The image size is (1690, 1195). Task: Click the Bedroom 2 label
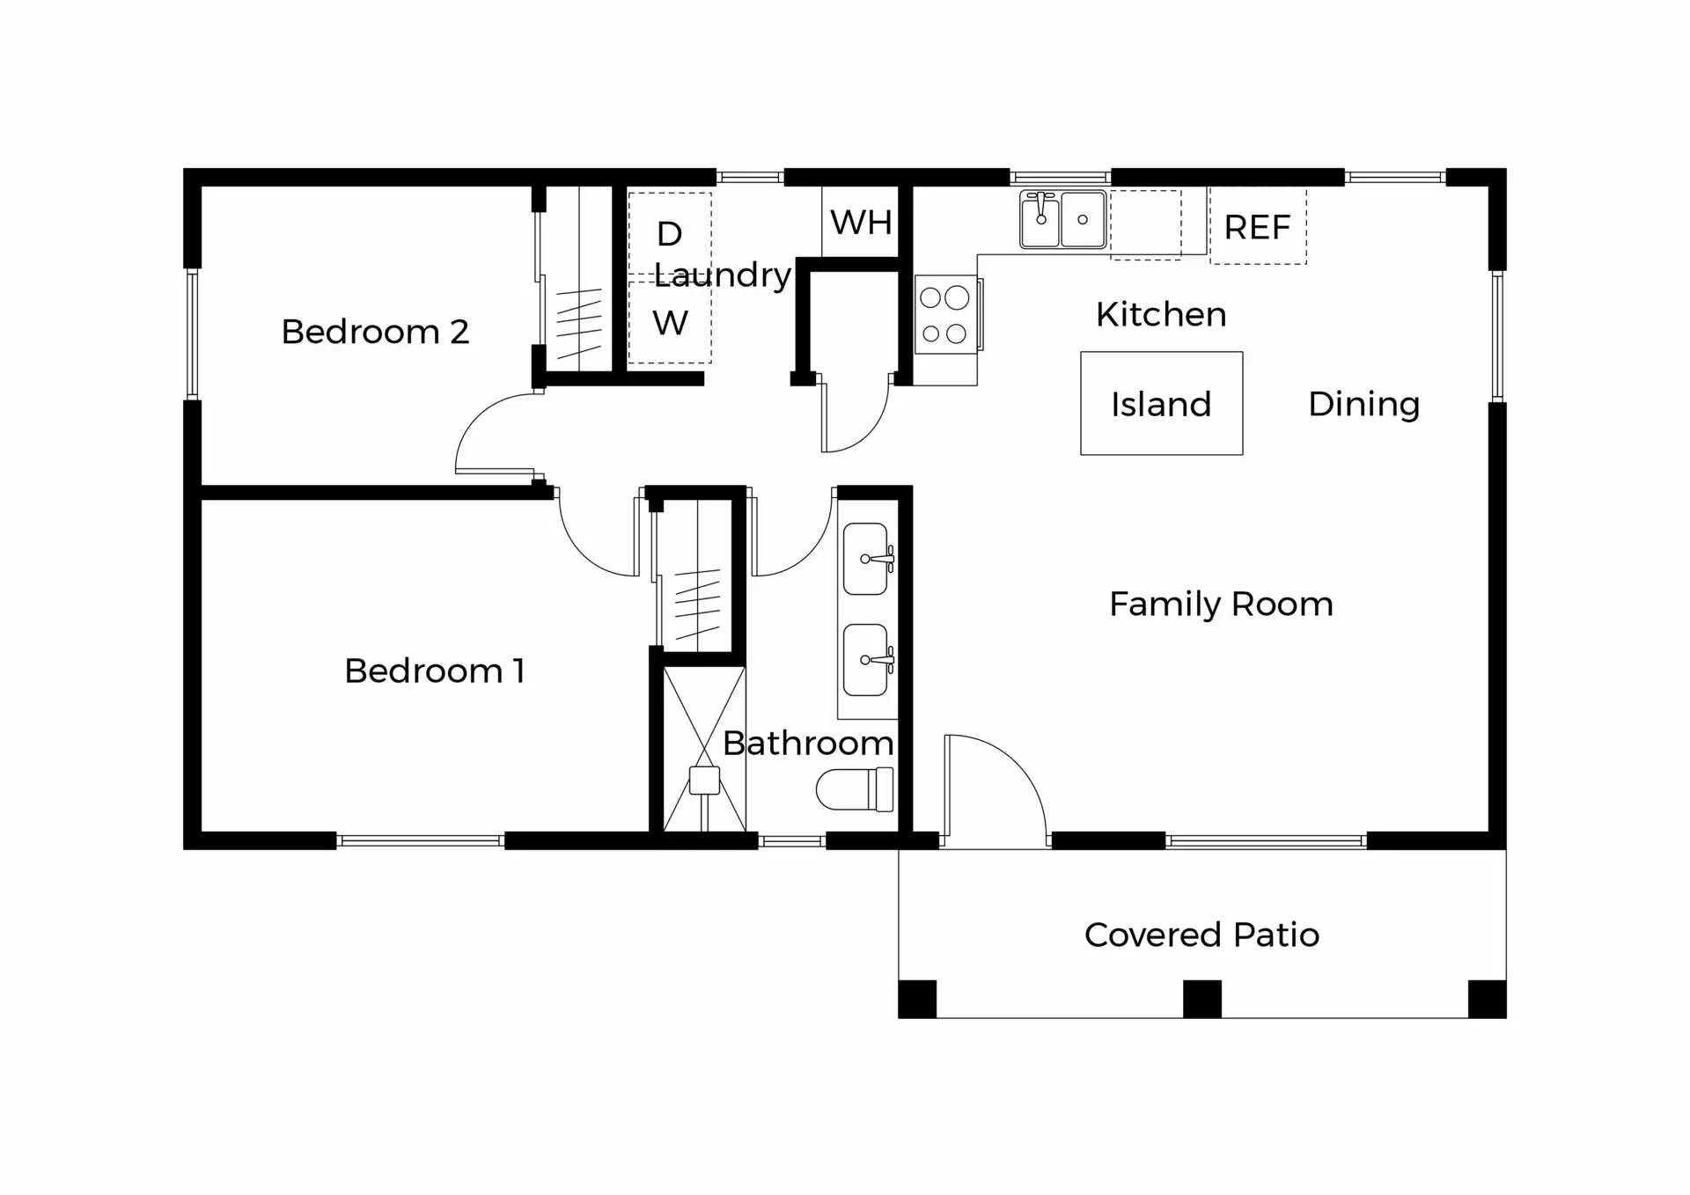tap(375, 332)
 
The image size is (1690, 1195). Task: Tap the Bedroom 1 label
tap(434, 671)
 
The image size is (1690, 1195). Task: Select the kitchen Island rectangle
tap(1161, 404)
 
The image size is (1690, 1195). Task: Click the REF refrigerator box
tap(1257, 227)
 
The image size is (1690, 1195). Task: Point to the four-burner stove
tap(944, 315)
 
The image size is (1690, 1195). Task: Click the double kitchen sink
tap(1062, 219)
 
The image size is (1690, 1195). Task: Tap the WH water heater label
tap(861, 223)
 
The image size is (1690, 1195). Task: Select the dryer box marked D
tap(669, 234)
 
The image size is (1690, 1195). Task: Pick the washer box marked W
tap(670, 323)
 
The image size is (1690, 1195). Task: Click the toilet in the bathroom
tap(854, 788)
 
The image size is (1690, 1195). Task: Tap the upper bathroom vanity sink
tap(866, 559)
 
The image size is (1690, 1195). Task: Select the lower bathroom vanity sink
tap(866, 660)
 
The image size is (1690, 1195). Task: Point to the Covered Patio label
tap(1201, 935)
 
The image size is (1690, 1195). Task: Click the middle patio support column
tap(1201, 999)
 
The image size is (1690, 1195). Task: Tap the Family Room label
tap(1221, 605)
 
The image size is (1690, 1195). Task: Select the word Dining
tap(1363, 404)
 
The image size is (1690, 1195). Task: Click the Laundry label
tap(723, 275)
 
